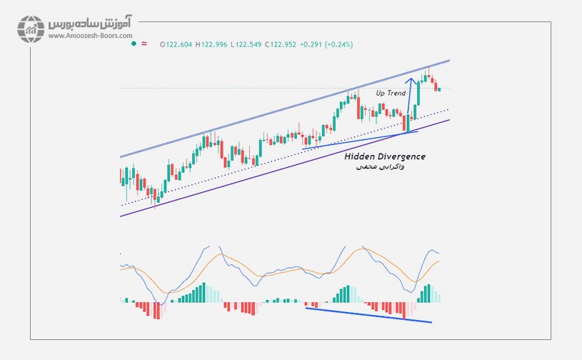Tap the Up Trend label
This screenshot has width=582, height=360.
pyautogui.click(x=391, y=94)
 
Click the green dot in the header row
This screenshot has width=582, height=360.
pyautogui.click(x=133, y=44)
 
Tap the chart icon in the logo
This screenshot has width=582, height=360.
pyautogui.click(x=31, y=28)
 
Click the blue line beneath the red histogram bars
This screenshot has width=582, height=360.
pyautogui.click(x=368, y=315)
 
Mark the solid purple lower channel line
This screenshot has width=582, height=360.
pyautogui.click(x=286, y=164)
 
